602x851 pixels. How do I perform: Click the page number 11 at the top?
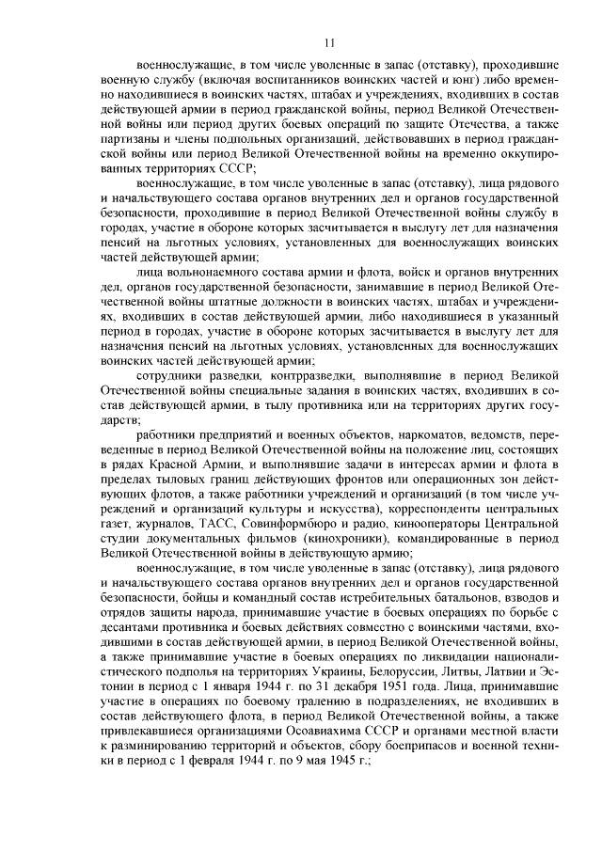pos(328,42)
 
